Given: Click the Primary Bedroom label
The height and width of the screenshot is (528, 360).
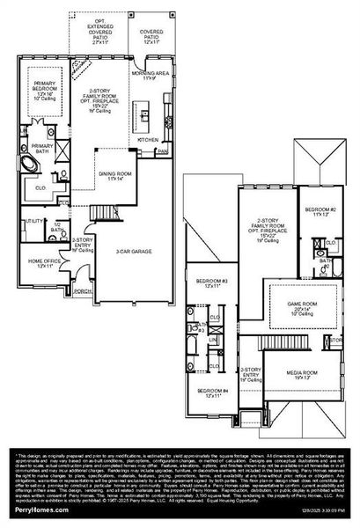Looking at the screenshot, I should point(44,88).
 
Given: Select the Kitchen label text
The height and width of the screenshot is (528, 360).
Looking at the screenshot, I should point(146,139).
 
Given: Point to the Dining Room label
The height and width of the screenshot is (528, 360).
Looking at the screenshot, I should point(116,176).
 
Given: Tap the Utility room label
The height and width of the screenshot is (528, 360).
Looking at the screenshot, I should point(35,221).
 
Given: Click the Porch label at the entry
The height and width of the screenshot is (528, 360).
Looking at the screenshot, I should point(84,290).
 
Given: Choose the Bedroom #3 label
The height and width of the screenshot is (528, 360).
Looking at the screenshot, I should point(212,282).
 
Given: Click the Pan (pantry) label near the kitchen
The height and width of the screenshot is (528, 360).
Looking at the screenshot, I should point(163,151).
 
